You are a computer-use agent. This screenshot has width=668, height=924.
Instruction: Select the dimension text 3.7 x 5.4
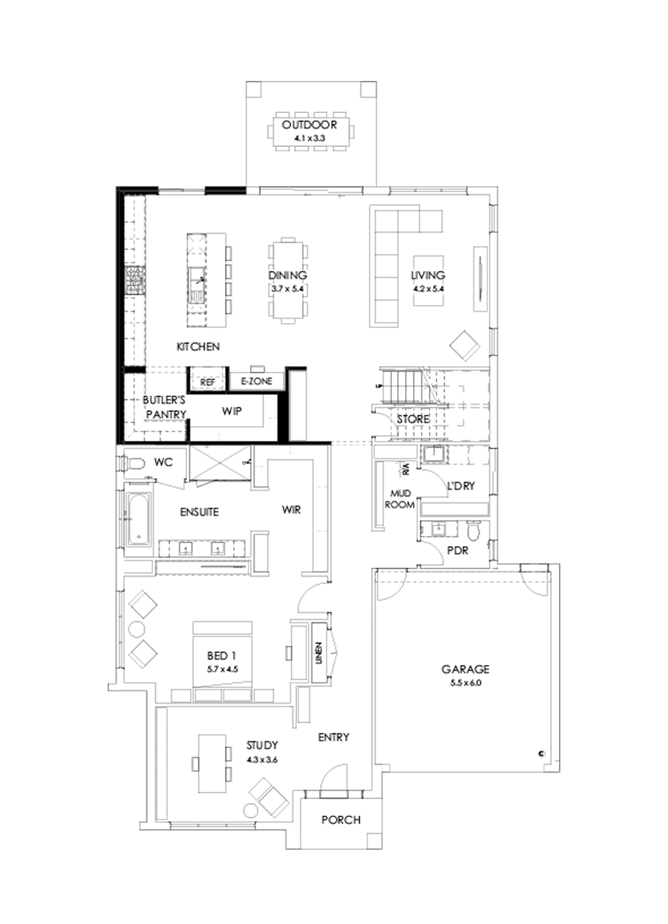pyautogui.click(x=288, y=288)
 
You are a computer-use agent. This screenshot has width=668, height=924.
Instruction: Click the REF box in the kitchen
pyautogui.click(x=208, y=381)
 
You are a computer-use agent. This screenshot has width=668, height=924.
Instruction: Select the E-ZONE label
pyautogui.click(x=257, y=381)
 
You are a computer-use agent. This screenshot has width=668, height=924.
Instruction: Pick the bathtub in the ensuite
pyautogui.click(x=138, y=520)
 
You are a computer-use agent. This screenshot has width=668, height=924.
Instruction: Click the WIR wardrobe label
pyautogui.click(x=290, y=511)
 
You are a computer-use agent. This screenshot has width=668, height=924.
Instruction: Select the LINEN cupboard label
pyautogui.click(x=318, y=652)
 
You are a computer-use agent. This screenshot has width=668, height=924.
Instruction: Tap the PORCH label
pyautogui.click(x=341, y=820)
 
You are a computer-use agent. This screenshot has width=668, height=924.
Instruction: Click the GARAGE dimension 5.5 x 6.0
pyautogui.click(x=465, y=684)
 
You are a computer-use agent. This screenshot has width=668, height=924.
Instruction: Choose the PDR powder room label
pyautogui.click(x=455, y=551)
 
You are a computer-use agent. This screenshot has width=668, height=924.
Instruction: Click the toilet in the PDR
pyautogui.click(x=475, y=530)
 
